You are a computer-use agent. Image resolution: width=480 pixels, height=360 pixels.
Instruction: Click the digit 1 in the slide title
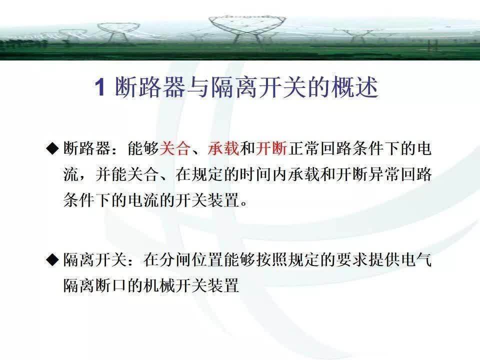pos(99,88)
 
